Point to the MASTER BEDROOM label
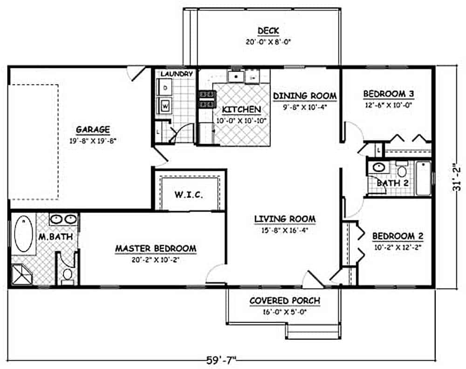156,249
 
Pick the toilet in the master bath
68,274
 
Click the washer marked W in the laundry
165,106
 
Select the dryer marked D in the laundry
165,87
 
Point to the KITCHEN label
241,109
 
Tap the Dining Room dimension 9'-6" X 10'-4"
304,106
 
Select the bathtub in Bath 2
423,178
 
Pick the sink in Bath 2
378,167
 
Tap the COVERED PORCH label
285,301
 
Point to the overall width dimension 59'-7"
221,360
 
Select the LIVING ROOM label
285,219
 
